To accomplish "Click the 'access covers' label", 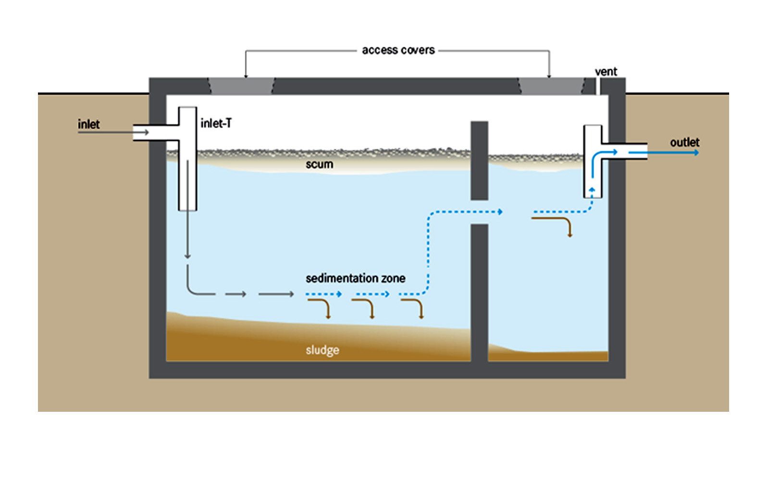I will point(398,50).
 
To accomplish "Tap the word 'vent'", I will point(606,72).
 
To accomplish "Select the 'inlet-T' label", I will point(216,123).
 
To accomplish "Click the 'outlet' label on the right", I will point(684,142).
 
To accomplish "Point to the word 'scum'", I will point(319,164).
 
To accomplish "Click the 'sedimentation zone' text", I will point(355,278).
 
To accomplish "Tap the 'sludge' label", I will point(322,350).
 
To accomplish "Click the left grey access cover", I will point(242,86).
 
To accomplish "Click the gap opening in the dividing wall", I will point(479,212).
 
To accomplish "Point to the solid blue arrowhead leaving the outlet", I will point(696,153).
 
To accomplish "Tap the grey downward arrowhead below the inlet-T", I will point(187,256).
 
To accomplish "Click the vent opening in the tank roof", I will point(598,86).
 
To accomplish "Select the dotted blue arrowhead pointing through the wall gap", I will point(500,212).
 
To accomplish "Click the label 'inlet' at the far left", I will point(88,124).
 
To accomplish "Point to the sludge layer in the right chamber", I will point(548,356).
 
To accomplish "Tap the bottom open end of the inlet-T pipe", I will point(187,209).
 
